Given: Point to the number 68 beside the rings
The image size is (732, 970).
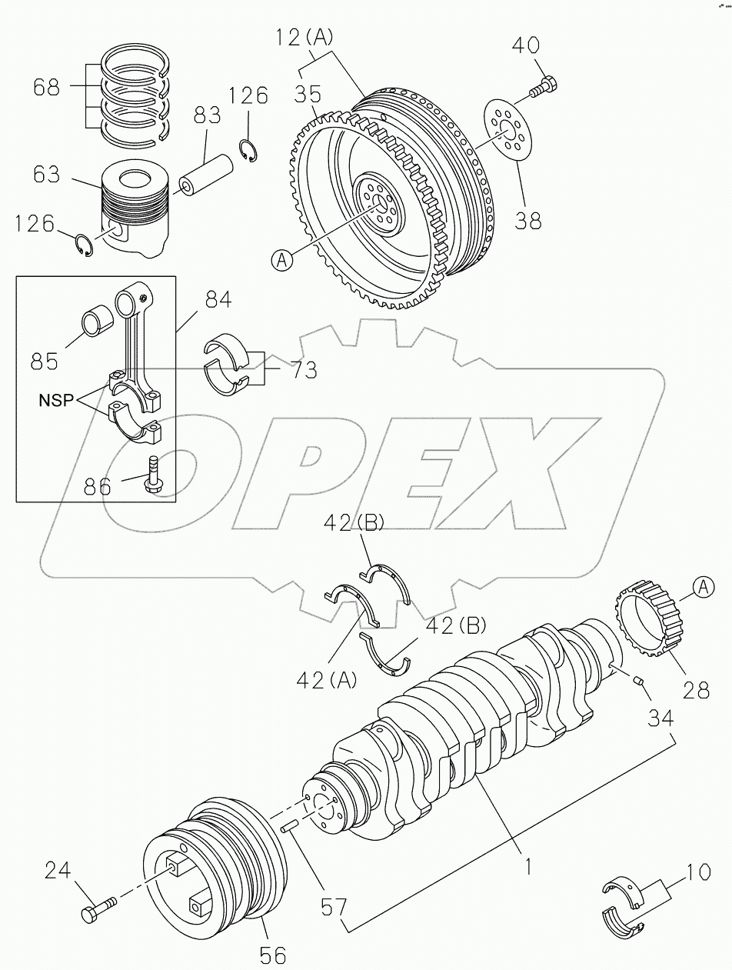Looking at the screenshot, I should coord(47,88).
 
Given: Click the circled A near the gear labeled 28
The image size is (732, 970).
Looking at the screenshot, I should coord(704,588).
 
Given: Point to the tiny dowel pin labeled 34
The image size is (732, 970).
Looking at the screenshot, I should coord(637,678).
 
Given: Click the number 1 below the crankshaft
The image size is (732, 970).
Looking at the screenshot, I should coord(528,867).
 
